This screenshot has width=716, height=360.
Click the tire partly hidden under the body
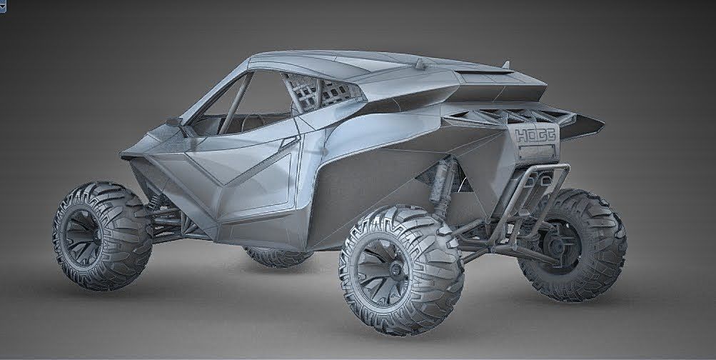(x=275, y=256)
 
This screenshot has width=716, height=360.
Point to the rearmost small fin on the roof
(x=505, y=66)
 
